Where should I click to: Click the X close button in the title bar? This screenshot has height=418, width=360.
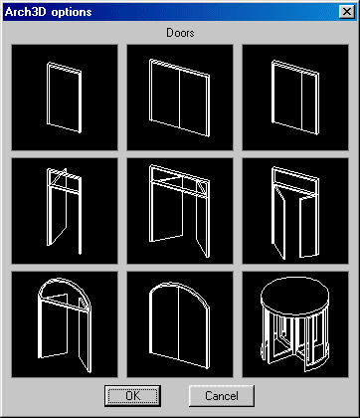click(347, 12)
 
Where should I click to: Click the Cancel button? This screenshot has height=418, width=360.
click(222, 395)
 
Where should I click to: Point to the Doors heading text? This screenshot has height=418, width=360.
click(180, 33)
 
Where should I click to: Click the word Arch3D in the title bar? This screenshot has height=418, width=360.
click(26, 12)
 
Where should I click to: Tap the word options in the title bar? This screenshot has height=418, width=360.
click(72, 13)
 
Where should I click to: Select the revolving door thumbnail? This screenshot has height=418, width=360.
click(295, 324)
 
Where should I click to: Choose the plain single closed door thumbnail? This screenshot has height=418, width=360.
click(65, 98)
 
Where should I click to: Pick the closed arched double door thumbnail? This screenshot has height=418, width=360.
click(180, 324)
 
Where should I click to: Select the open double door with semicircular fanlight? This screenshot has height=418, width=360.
click(65, 324)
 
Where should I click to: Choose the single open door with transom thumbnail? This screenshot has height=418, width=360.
click(65, 211)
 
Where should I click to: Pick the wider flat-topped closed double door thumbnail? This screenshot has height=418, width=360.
click(180, 98)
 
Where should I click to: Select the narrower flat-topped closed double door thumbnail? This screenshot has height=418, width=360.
click(295, 98)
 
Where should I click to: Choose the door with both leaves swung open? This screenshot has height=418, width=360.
click(295, 211)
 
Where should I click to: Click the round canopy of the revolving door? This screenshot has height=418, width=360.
click(295, 296)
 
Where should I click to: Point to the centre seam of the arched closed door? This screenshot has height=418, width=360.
click(179, 322)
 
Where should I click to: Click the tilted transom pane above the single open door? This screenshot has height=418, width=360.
click(59, 178)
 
